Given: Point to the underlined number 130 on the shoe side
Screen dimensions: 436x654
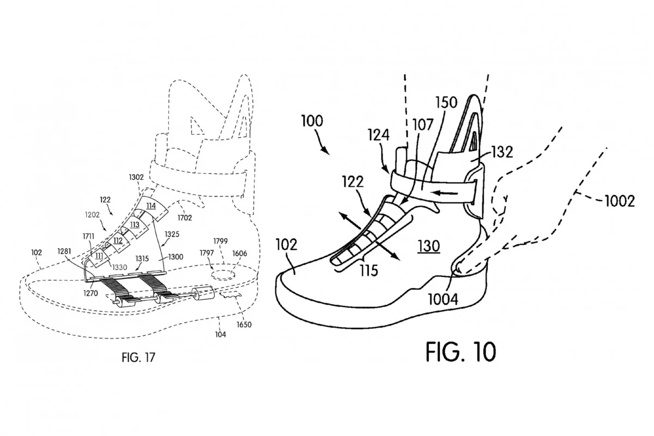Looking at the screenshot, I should [428, 246].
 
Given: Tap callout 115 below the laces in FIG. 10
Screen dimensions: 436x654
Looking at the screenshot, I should [368, 270].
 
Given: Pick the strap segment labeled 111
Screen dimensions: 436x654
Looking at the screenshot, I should [99, 256].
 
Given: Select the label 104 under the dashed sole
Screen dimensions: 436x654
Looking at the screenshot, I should [220, 335].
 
